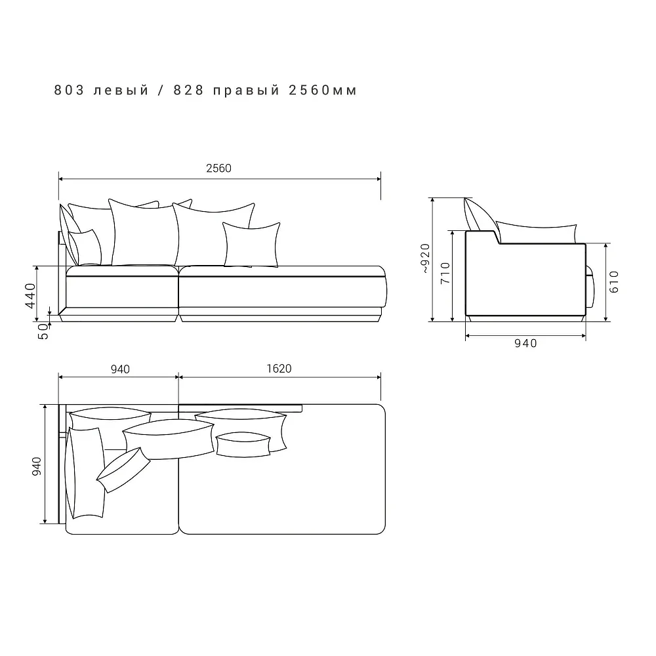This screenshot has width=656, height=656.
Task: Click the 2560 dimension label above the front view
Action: pos(218,168)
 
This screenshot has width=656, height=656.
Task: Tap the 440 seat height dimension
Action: pos(31,296)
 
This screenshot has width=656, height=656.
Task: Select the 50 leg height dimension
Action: pos(43,331)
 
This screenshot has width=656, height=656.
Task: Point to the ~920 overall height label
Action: pos(425,258)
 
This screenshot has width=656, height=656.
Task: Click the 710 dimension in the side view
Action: pos(445,273)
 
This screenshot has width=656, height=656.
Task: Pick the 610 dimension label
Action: pos(614,281)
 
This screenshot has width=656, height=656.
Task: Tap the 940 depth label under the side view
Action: pos(525,344)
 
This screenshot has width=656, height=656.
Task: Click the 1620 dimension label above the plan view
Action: pos(279,369)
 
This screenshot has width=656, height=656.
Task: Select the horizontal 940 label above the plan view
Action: pos(120,369)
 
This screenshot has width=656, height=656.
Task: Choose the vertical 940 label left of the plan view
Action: pos(37,466)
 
